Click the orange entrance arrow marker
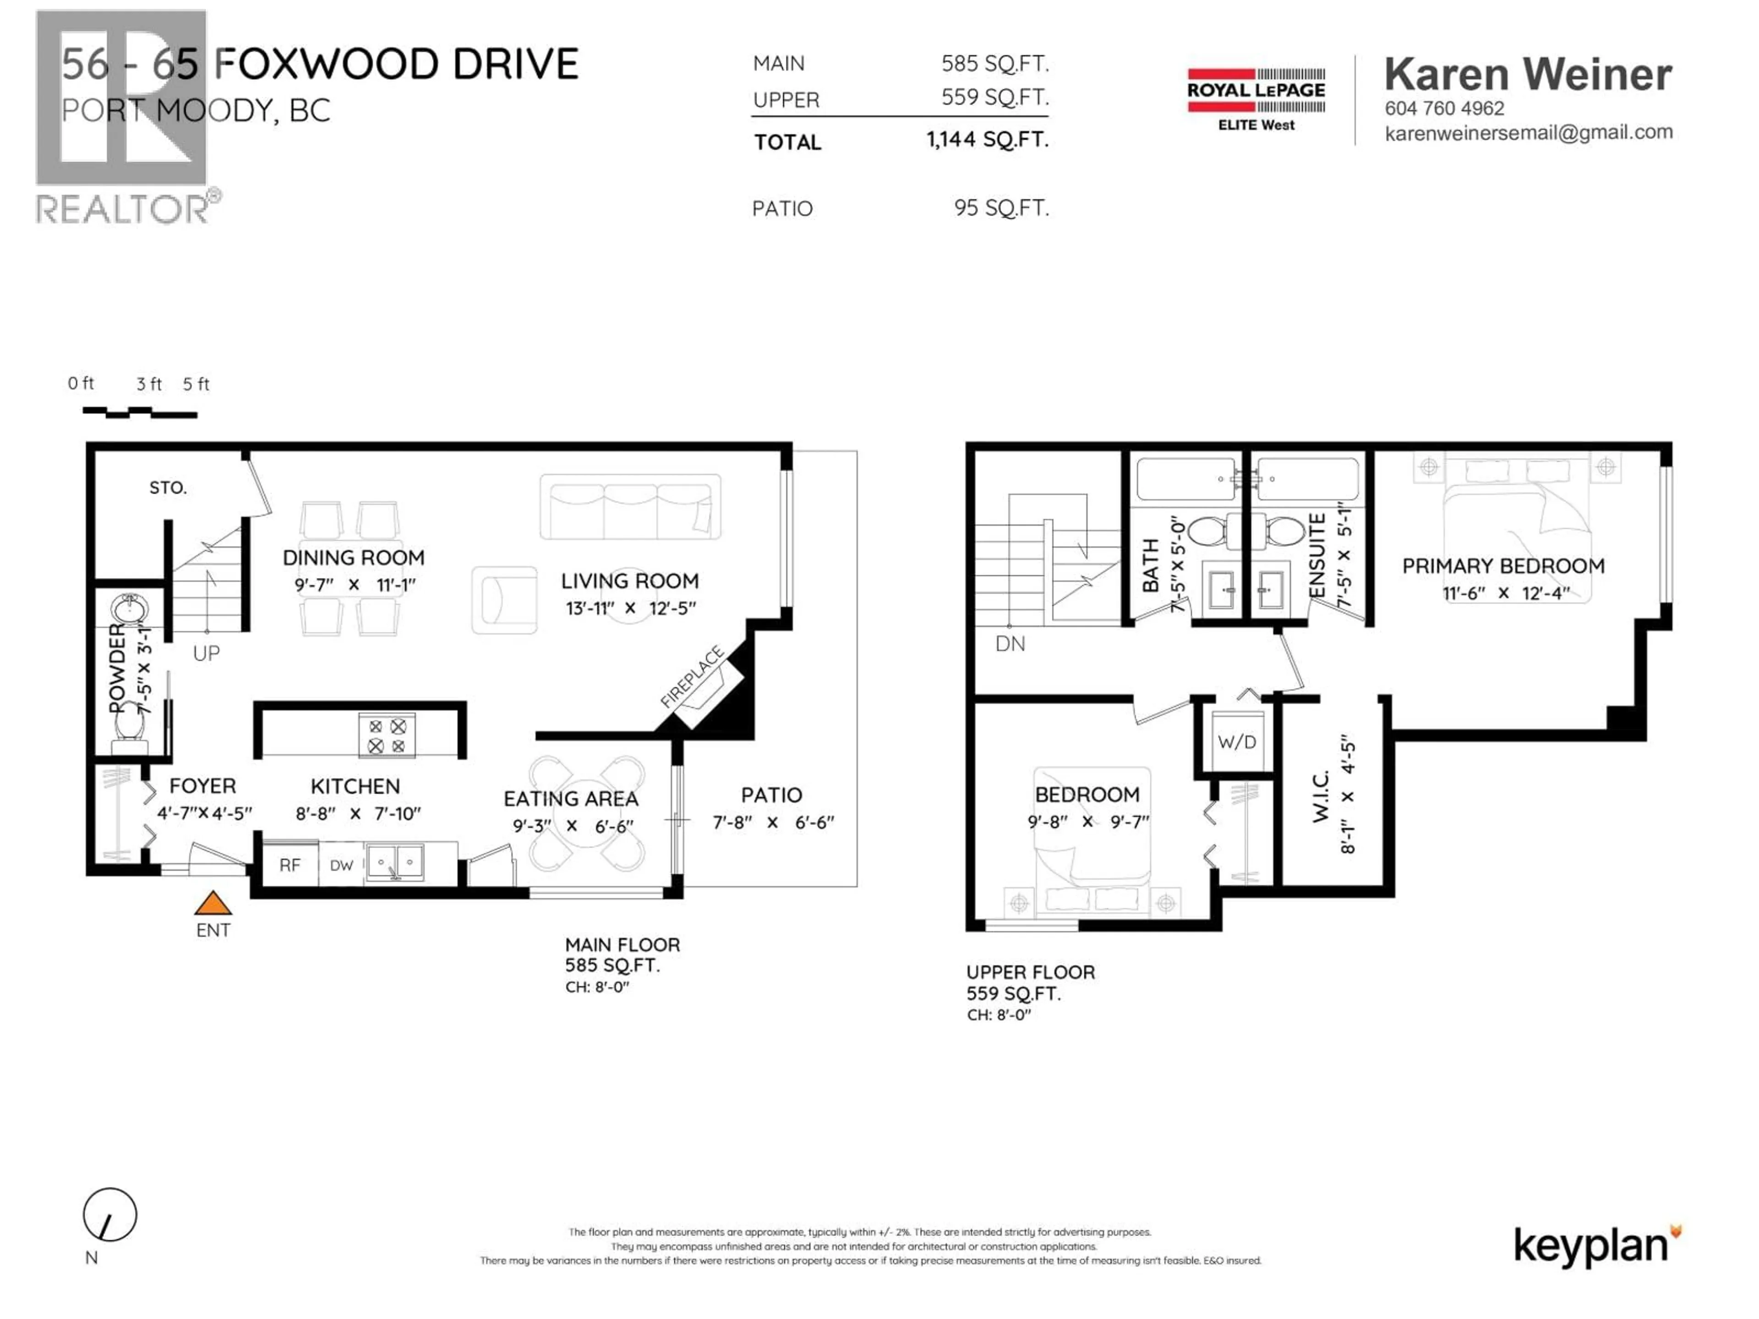tap(213, 904)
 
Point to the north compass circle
tap(110, 1214)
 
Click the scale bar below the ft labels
tap(140, 412)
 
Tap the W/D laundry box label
tap(1236, 742)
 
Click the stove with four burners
tap(387, 736)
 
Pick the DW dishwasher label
tap(341, 866)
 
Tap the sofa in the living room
tap(630, 507)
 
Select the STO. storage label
tap(168, 487)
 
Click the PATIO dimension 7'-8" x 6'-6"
tap(772, 822)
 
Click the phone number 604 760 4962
tap(1444, 108)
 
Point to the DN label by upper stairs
tap(1010, 644)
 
